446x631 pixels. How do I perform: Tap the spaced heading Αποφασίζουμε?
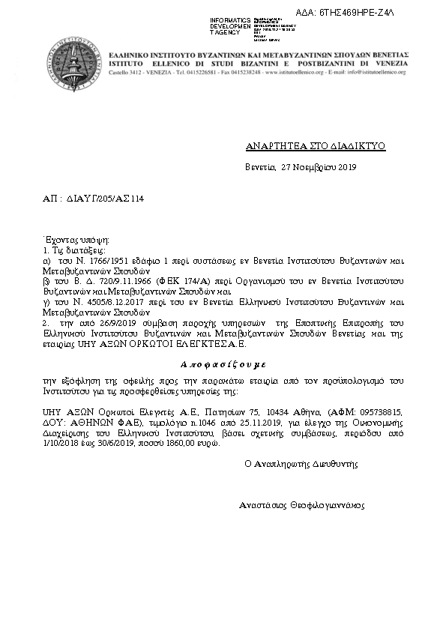click(223, 361)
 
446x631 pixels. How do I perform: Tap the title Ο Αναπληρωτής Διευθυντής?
click(303, 464)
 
